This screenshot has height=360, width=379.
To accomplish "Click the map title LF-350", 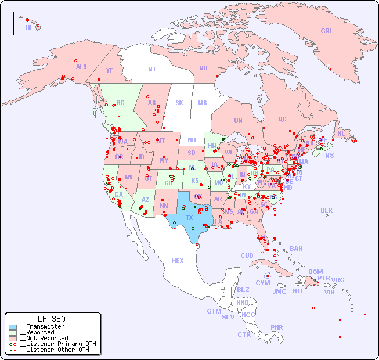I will click(x=51, y=319).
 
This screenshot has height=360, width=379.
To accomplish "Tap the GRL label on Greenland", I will click(x=327, y=31).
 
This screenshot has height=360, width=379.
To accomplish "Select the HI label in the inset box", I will click(x=28, y=27).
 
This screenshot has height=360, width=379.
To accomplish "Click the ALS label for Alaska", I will click(x=81, y=67).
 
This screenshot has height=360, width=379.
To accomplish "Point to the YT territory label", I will click(x=109, y=70).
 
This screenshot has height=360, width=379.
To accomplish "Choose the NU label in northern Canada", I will click(x=203, y=68).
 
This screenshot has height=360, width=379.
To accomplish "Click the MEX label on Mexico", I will click(x=177, y=261).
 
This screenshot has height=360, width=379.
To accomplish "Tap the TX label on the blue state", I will click(x=189, y=218).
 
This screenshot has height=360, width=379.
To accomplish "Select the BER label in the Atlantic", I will click(x=327, y=210).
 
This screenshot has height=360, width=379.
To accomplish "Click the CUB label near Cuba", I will click(x=247, y=255).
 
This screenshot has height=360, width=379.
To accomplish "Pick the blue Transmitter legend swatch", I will click(x=13, y=327).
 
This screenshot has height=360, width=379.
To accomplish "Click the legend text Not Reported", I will click(x=44, y=338).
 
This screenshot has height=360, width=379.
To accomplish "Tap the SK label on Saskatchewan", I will click(x=179, y=103).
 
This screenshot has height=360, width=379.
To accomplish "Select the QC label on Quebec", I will click(x=282, y=119).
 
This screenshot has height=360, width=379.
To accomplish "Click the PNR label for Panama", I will click(x=277, y=327).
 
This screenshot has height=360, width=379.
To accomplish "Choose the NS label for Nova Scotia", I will click(x=329, y=155).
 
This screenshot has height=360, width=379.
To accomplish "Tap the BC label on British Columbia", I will click(x=121, y=103).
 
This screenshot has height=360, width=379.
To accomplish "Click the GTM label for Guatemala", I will click(x=214, y=311).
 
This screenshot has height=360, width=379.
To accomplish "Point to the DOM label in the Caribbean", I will click(x=315, y=272).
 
